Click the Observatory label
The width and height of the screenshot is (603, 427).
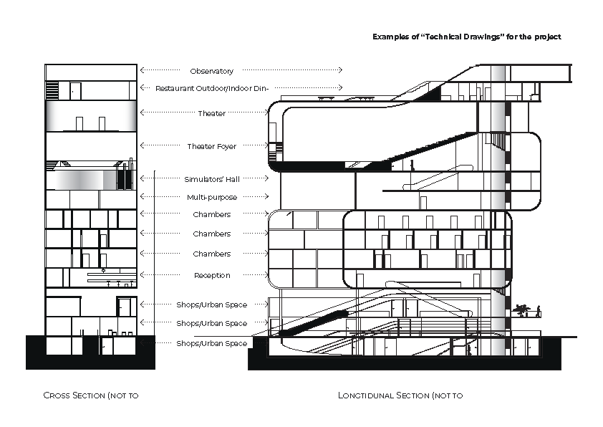point(212,71)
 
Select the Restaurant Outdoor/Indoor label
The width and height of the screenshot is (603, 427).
point(212,89)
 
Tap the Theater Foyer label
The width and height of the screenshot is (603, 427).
point(212,146)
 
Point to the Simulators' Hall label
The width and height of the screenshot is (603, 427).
point(212,179)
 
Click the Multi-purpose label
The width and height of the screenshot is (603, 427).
point(212,197)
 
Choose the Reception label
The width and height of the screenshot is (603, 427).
point(212,275)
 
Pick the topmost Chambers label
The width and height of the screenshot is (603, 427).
point(212,214)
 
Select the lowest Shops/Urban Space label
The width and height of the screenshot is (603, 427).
point(212,343)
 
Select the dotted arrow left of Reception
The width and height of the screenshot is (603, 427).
point(163,275)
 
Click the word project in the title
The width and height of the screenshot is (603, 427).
point(547,36)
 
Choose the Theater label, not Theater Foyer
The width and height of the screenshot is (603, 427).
point(212,113)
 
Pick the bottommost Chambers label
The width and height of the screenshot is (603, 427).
point(212,254)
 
